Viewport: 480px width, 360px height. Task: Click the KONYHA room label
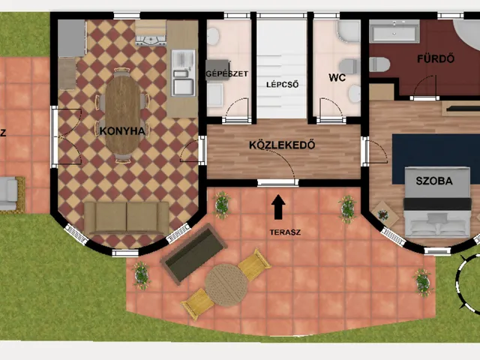tap(122, 131)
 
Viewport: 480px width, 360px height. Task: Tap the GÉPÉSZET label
tap(226, 73)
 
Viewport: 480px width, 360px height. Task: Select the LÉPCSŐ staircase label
tap(282, 85)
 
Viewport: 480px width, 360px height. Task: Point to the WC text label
tap(337, 77)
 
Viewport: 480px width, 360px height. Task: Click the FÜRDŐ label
tap(436, 58)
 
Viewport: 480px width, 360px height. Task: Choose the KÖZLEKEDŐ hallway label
tap(282, 145)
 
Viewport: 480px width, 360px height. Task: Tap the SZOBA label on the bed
tap(434, 181)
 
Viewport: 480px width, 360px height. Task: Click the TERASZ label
tap(285, 232)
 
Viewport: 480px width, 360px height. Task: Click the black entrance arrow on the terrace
tap(278, 207)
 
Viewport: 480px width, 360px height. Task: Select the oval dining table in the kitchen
tap(123, 115)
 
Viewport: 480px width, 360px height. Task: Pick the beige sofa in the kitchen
tap(127, 217)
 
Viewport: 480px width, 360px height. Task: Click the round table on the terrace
tap(226, 285)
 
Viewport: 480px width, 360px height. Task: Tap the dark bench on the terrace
tap(193, 254)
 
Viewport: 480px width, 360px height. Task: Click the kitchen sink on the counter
tap(183, 73)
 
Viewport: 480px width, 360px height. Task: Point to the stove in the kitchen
tap(151, 33)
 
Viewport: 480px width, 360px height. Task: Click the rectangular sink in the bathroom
tap(394, 31)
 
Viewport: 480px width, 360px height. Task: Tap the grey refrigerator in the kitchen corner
tap(72, 38)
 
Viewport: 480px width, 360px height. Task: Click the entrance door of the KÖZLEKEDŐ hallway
tap(277, 182)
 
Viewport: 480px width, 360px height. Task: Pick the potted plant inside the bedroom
tap(382, 215)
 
